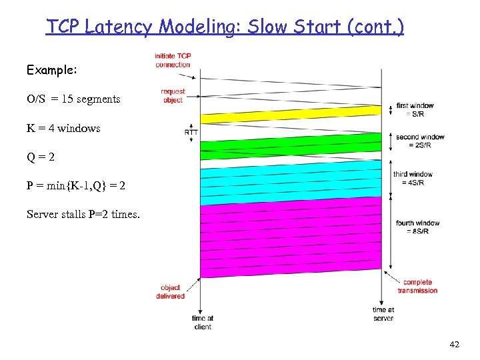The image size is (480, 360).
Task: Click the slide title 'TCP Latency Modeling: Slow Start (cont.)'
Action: tap(225, 27)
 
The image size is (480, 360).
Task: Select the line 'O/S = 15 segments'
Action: tap(73, 99)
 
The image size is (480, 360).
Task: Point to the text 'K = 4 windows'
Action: tap(63, 128)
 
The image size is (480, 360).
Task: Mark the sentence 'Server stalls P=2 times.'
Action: tap(83, 214)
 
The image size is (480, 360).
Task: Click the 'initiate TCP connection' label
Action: tap(173, 60)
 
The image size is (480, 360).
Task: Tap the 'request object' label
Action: tap(173, 95)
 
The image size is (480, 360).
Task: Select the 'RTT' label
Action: tap(191, 132)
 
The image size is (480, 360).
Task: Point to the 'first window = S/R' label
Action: tap(415, 109)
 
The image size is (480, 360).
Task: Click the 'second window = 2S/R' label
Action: tap(420, 141)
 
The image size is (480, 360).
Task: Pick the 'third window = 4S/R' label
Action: tap(413, 178)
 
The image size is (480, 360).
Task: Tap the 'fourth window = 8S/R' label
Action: tap(417, 227)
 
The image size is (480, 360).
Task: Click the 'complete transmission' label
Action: tap(417, 286)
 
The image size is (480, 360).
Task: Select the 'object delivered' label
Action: tap(171, 292)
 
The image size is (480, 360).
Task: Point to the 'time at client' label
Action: tap(202, 323)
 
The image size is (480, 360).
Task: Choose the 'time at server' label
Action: tap(383, 314)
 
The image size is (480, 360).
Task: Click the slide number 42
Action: tap(455, 344)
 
